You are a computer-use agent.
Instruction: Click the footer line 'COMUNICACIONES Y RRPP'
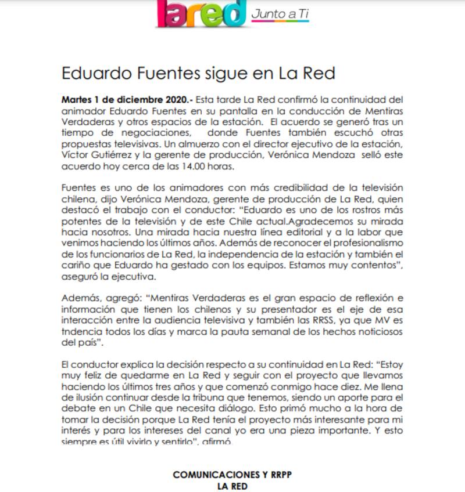point(232,475)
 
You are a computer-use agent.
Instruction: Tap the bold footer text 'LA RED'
point(232,486)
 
